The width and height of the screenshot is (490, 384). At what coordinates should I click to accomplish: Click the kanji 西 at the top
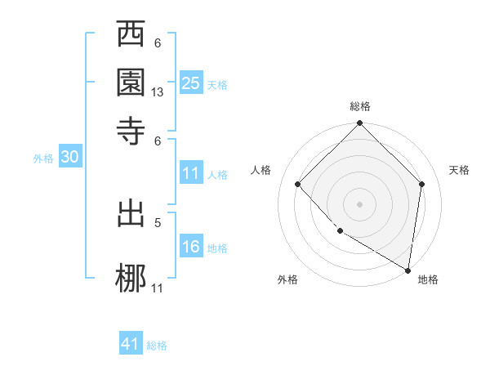coord(131,36)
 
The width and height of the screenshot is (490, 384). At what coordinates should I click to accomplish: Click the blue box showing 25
coord(191,83)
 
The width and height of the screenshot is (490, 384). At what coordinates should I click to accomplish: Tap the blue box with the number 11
coord(191,173)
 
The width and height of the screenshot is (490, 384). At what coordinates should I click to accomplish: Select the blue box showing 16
coord(191,247)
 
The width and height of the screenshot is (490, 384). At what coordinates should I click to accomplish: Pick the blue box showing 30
coord(69,158)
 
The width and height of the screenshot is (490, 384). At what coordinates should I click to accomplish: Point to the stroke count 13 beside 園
coord(158,93)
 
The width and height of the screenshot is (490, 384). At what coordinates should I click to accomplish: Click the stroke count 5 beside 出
coord(158,221)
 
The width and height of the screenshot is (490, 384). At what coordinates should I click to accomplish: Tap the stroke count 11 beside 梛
coord(158,287)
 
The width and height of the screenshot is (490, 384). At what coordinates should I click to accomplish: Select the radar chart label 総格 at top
coord(360,106)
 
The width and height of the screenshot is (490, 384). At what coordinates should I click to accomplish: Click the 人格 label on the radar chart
coord(261,170)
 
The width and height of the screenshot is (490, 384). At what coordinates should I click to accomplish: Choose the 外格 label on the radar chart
coord(287,279)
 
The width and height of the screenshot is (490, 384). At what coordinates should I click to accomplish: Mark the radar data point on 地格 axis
coord(408,270)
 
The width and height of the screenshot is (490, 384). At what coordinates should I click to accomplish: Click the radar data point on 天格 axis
coord(422,184)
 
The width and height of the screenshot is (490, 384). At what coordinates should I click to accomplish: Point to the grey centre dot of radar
coord(360,203)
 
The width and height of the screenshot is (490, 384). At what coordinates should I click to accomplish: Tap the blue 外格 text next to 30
coord(42,159)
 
